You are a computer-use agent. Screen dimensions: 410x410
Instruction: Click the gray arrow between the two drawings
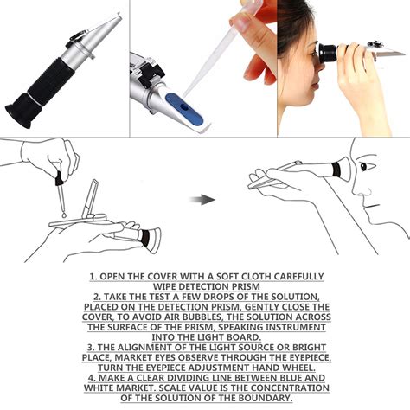[202, 200]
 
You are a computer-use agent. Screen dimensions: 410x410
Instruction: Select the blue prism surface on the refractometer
[184, 108]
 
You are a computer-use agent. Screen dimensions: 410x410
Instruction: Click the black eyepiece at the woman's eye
[328, 53]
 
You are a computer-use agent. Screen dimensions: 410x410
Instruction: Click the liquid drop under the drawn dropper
[64, 215]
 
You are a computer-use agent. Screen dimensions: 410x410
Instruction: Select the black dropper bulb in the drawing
[59, 178]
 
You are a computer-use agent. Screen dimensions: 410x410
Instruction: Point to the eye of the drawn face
[364, 166]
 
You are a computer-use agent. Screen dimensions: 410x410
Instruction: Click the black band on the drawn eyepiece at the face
[336, 170]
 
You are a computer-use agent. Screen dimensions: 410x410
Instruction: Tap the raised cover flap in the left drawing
[90, 199]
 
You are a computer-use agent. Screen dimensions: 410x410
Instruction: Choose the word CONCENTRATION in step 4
[291, 388]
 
